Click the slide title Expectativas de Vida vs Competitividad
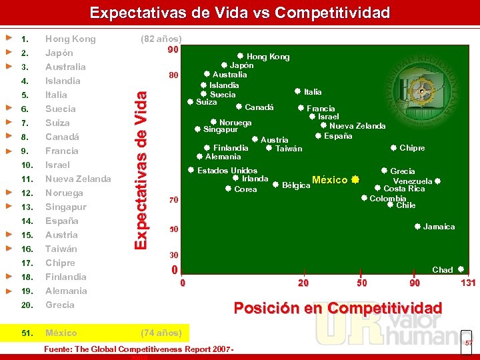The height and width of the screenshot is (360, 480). coord(240,13)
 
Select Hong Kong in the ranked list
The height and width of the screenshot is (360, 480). coord(70,39)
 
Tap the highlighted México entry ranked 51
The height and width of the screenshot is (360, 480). coord(61,333)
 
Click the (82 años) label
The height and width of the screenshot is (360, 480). coord(161,39)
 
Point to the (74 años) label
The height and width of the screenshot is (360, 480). coord(161,333)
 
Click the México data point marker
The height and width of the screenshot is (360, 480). coord(355,179)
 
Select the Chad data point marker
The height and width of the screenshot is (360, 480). coord(461,269)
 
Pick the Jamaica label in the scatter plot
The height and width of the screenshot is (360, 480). coord(439,227)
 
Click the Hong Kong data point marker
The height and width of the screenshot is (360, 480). coord(240,56)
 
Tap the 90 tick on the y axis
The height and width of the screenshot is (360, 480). coord(173,50)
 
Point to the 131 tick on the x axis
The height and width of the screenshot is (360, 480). coord(468,283)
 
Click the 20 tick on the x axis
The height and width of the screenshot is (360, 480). coord(303,283)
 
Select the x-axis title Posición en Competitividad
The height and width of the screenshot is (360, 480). coord(337,307)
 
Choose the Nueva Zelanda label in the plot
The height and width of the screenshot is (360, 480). coord(357,125)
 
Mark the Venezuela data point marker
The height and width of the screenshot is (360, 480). coord(437,181)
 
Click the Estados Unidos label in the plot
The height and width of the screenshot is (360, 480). coord(227,171)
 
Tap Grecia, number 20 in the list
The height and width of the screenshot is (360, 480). coord(59,305)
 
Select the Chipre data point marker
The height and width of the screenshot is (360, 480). coord(393,147)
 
